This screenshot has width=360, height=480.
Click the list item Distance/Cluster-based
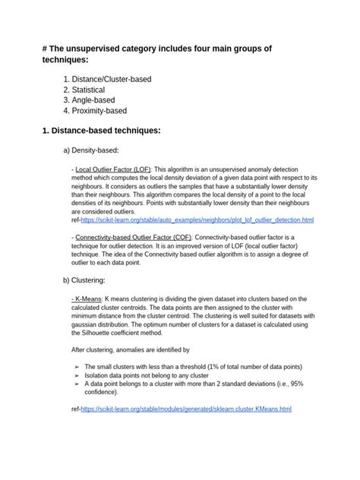(x=122, y=78)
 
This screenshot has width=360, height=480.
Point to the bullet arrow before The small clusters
(x=76, y=366)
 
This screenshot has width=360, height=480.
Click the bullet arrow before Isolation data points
(x=76, y=374)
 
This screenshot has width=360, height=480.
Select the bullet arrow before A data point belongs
(x=76, y=384)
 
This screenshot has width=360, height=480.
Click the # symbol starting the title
(x=45, y=49)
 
